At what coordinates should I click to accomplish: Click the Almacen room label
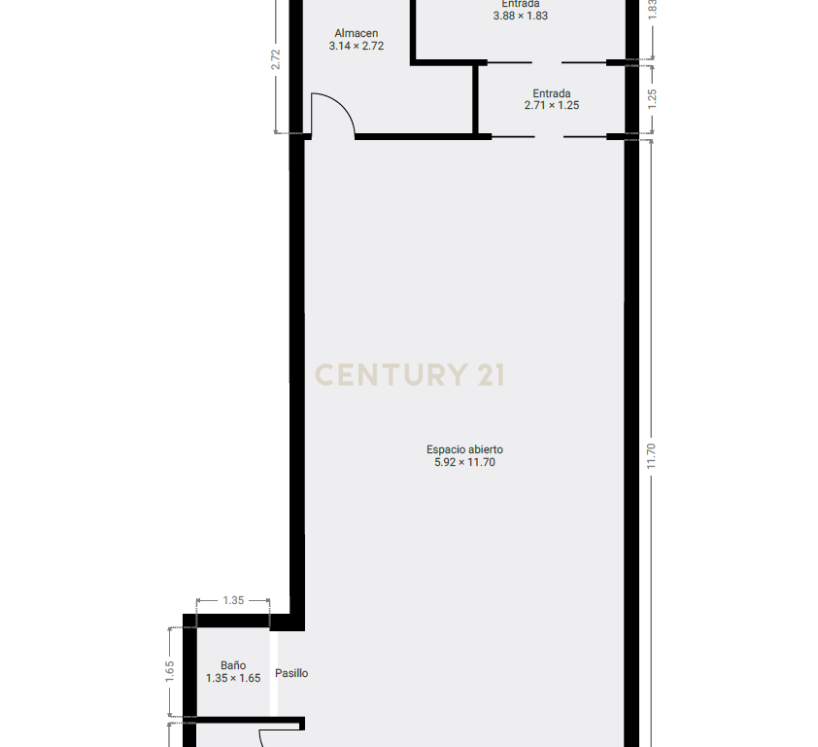click(357, 33)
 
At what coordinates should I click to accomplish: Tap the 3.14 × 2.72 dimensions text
click(357, 46)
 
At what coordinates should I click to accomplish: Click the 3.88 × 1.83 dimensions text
click(520, 16)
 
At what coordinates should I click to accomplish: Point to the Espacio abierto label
click(464, 449)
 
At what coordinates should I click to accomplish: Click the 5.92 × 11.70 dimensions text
click(464, 462)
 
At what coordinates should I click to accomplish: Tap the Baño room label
click(232, 665)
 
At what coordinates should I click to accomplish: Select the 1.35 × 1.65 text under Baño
click(232, 678)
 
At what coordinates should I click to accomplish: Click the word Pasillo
click(291, 673)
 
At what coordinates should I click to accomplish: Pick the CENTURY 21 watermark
click(410, 375)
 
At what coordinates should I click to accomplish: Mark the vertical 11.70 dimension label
click(651, 456)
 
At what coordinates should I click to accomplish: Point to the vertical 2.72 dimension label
click(276, 59)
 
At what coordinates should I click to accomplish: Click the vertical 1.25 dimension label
click(652, 99)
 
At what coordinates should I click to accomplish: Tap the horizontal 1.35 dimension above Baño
click(233, 600)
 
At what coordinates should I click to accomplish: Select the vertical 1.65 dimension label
click(170, 672)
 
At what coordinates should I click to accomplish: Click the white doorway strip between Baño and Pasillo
click(273, 674)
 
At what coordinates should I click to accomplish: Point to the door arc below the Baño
click(262, 738)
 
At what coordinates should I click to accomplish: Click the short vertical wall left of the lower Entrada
click(475, 99)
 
